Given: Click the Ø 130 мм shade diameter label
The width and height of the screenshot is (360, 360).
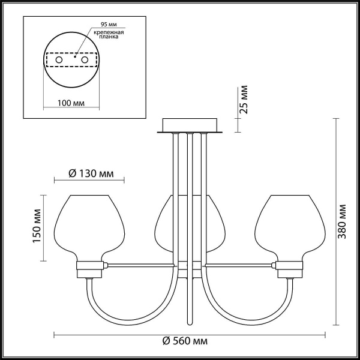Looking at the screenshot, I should tap(89, 173).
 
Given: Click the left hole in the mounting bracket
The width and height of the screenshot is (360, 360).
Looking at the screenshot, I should tap(59, 61).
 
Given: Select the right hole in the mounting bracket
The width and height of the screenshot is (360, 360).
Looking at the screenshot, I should tap(85, 61).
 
